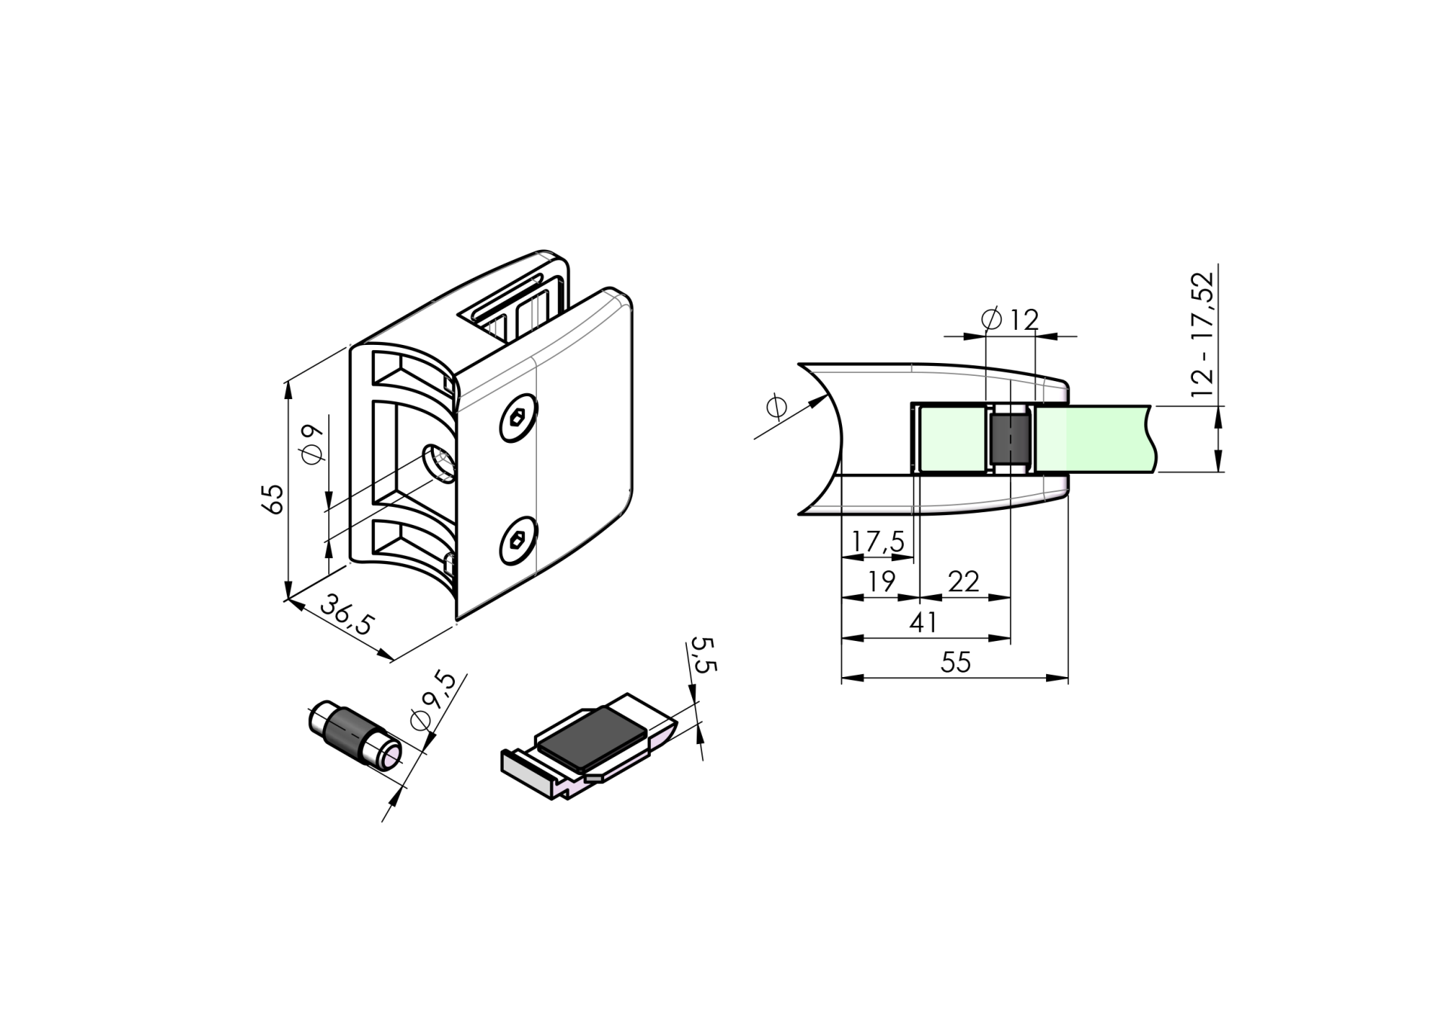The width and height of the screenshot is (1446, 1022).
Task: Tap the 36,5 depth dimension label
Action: point(347,614)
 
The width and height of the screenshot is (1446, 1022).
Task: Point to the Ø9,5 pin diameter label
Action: point(434,700)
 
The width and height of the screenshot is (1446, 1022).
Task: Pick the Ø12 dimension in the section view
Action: point(1011,319)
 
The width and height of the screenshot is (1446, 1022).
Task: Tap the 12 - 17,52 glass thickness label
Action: point(1203,334)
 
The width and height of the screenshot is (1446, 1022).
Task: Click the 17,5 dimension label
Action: point(877,542)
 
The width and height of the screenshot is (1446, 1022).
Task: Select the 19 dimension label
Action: point(880,581)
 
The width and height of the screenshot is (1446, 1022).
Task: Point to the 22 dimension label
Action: point(963,581)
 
